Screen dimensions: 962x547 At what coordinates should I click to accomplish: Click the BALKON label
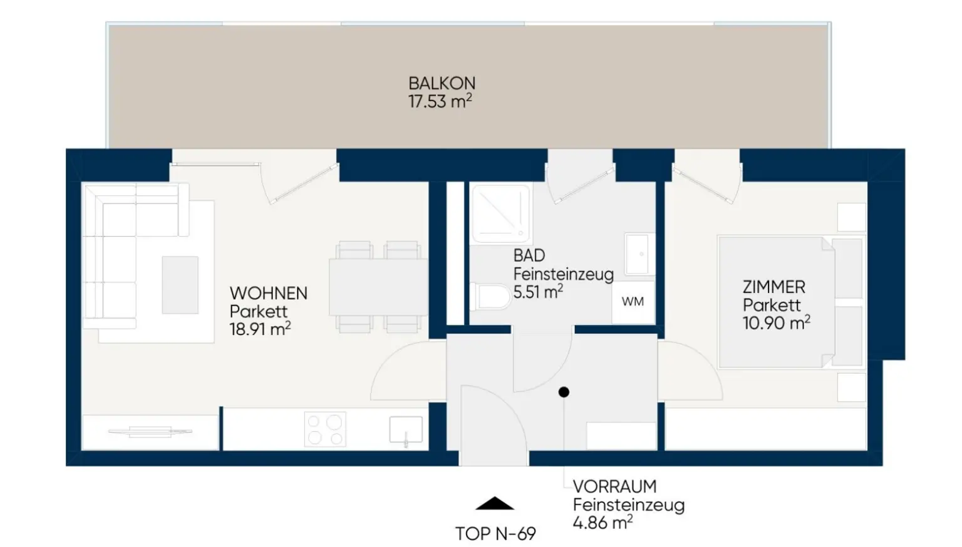442,83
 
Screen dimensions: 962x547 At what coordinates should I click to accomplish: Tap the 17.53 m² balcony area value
440,101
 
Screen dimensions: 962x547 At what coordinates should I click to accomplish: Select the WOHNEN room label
269,294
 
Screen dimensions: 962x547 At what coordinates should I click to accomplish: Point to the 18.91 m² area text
261,329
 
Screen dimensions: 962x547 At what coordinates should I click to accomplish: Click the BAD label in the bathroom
529,256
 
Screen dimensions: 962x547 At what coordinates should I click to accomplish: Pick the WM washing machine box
633,302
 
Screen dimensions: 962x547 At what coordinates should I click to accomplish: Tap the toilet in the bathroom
490,297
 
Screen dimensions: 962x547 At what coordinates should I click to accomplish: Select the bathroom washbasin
639,254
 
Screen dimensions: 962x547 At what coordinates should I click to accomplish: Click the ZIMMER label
774,287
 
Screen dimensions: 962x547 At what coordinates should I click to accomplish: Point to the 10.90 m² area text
777,322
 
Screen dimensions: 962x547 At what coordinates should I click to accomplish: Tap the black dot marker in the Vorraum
564,392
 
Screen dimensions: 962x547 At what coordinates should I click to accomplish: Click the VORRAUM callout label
614,486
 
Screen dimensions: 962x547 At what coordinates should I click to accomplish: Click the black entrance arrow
495,503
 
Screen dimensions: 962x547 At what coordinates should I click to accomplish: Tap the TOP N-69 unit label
495,534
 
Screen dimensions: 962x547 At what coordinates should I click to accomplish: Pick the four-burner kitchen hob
325,429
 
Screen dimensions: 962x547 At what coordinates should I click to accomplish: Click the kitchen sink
406,429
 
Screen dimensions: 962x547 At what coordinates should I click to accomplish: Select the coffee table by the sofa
180,285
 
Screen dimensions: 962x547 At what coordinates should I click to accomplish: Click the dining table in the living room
378,287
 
